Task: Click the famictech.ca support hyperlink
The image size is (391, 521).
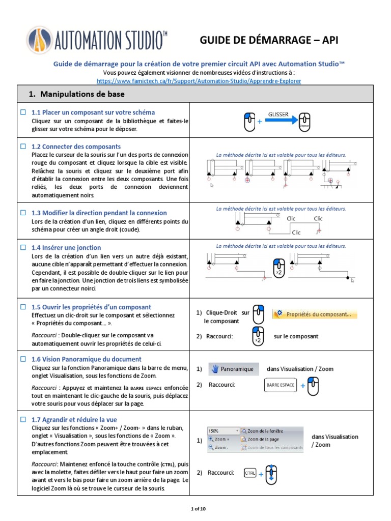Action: tap(199, 80)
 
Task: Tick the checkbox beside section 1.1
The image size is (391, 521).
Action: tap(22, 112)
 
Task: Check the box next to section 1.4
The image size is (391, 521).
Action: tap(22, 247)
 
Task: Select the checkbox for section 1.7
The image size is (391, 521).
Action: tap(22, 419)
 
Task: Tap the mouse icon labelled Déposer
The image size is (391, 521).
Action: tap(304, 122)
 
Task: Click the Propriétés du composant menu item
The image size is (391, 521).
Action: tap(315, 314)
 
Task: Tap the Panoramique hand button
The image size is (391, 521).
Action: tap(233, 369)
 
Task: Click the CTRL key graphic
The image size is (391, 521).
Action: tap(250, 473)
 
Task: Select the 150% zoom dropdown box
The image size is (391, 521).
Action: tap(223, 430)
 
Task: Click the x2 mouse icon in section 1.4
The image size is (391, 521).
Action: tap(278, 268)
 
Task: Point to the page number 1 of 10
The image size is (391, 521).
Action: tap(195, 508)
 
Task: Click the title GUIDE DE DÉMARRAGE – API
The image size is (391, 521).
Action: tap(268, 41)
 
